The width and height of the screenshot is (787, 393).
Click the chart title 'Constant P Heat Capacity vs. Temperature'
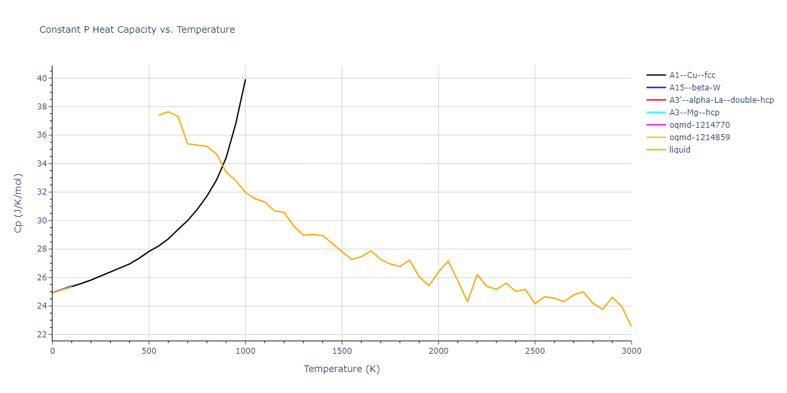click(x=137, y=29)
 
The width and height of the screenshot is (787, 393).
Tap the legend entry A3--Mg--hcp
click(x=695, y=113)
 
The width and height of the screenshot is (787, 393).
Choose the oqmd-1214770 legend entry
click(x=699, y=125)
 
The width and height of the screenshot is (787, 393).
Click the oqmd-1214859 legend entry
click(x=699, y=138)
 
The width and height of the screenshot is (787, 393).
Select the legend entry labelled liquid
click(x=679, y=150)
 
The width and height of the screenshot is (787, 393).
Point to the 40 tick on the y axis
click(x=41, y=79)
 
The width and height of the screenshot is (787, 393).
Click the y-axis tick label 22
click(x=41, y=335)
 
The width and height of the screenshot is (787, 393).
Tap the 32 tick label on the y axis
click(x=41, y=193)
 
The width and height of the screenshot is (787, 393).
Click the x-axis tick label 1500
click(x=342, y=352)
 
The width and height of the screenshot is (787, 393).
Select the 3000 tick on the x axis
click(x=631, y=352)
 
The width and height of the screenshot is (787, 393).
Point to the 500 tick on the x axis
click(x=149, y=352)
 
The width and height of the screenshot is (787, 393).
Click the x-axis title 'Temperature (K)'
click(x=342, y=369)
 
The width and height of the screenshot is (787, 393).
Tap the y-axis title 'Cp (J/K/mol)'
click(x=18, y=204)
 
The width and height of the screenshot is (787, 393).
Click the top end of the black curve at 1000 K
click(x=245, y=80)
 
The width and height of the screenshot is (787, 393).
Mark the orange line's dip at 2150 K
click(x=468, y=301)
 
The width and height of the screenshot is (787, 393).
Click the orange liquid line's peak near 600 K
click(x=169, y=111)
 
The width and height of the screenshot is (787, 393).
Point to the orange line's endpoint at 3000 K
click(x=631, y=326)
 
